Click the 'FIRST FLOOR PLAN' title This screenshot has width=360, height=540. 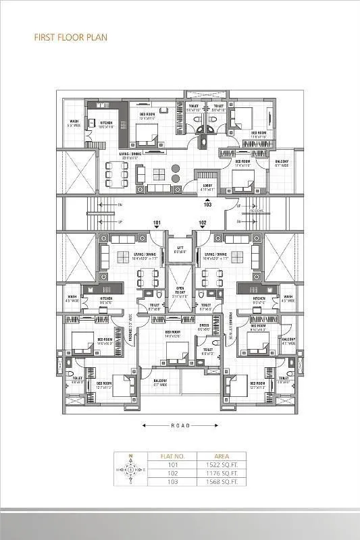pyautogui.click(x=70, y=38)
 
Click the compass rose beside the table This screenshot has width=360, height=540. pyautogui.click(x=130, y=469)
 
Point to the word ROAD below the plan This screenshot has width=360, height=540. pyautogui.click(x=180, y=426)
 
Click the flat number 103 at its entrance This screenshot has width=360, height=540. pyautogui.click(x=208, y=204)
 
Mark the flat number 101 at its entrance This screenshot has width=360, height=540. pyautogui.click(x=157, y=223)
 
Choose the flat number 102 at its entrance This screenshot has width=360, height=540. pyautogui.click(x=202, y=223)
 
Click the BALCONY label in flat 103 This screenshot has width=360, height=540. pyautogui.click(x=282, y=162)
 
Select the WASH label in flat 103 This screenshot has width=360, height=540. pyautogui.click(x=74, y=123)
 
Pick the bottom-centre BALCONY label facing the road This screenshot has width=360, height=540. pyautogui.click(x=160, y=382)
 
